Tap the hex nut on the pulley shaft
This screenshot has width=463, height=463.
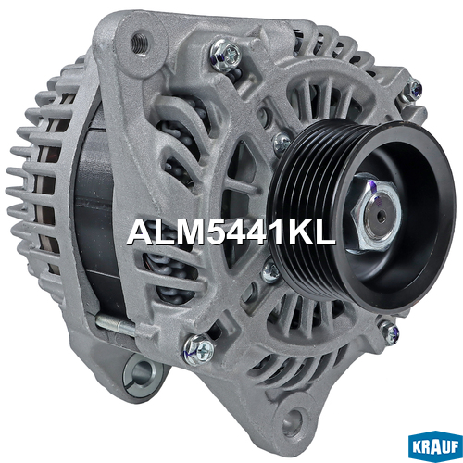[x=375, y=214]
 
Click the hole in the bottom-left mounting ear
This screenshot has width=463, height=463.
[x=140, y=372]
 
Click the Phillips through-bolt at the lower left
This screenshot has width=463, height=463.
[x=198, y=350]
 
